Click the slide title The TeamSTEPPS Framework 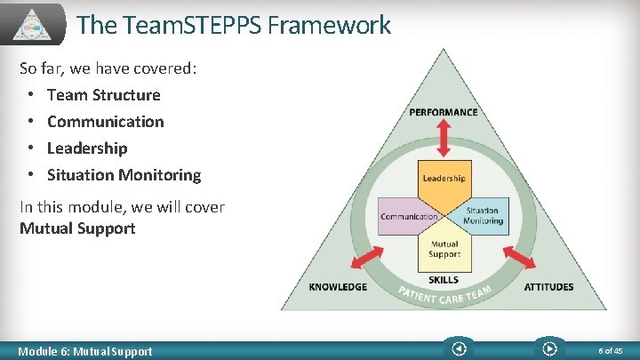click(x=233, y=25)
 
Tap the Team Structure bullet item click(x=103, y=95)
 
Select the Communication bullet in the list click(x=105, y=122)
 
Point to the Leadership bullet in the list click(x=87, y=148)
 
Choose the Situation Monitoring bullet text click(x=124, y=175)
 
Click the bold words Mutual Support click(x=77, y=228)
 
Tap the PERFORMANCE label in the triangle click(x=444, y=112)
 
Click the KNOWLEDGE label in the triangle click(x=338, y=287)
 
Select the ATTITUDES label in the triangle click(x=548, y=287)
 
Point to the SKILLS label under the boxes click(x=444, y=280)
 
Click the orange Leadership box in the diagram click(x=444, y=179)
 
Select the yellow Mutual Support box click(x=444, y=250)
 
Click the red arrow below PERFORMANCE click(x=444, y=137)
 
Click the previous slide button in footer click(x=458, y=349)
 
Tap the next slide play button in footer click(x=549, y=349)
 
